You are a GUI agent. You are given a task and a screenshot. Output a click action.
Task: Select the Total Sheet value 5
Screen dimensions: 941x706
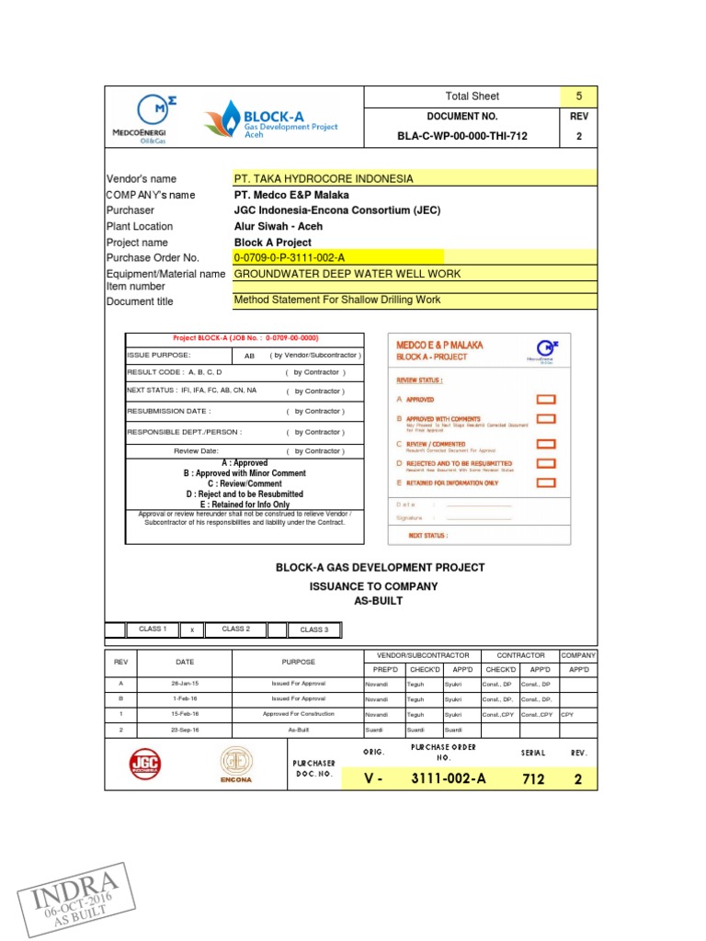[578, 96]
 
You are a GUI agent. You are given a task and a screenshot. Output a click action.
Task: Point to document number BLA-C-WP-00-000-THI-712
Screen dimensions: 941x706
[462, 136]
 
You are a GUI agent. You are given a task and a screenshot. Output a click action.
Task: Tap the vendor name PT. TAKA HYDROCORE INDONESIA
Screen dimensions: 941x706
[324, 178]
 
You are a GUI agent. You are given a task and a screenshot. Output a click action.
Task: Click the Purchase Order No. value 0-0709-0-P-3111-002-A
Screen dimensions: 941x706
[290, 257]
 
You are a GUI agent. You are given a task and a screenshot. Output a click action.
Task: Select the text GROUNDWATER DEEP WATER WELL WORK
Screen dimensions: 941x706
[347, 274]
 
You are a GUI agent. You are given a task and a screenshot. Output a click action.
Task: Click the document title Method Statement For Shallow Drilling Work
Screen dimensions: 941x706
[337, 300]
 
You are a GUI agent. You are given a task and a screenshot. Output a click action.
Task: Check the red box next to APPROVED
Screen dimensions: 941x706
[546, 400]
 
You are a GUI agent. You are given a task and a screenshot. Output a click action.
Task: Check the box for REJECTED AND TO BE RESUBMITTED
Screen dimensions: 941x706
[546, 464]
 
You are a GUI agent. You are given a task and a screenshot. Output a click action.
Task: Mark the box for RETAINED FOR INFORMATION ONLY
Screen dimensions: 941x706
[546, 482]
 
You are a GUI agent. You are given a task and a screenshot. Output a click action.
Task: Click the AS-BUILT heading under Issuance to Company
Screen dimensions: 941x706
[379, 600]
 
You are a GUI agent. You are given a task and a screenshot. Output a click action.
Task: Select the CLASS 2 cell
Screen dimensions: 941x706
[235, 629]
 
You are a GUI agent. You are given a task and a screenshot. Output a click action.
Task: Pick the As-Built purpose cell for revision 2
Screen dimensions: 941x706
[299, 730]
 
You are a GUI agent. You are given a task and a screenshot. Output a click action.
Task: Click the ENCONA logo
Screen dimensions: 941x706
[235, 765]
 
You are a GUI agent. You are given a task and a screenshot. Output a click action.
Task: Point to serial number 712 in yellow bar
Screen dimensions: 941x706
[533, 779]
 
